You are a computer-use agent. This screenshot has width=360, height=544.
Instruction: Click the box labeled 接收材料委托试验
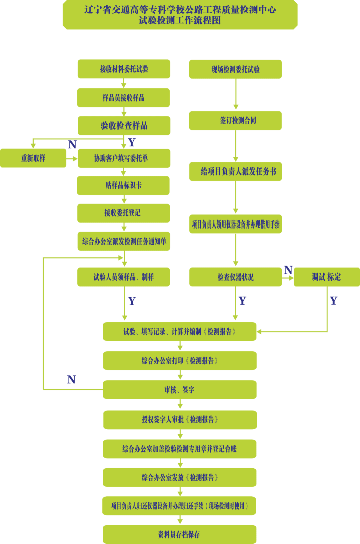point(124,69)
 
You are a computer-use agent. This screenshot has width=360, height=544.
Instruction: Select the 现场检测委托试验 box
point(235,69)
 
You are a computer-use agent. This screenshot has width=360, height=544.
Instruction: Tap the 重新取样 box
point(33,158)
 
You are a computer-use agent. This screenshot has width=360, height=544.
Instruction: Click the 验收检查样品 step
point(124,126)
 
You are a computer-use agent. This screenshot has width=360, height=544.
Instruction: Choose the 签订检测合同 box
point(235,120)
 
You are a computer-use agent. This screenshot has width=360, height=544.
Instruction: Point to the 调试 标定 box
point(326,277)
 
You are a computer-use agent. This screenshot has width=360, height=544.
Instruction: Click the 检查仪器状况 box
point(235,277)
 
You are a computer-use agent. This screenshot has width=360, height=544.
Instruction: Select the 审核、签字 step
point(180,390)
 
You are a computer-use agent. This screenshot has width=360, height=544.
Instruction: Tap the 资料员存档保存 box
point(179,534)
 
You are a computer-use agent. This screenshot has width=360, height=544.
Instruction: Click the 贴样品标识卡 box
point(123,185)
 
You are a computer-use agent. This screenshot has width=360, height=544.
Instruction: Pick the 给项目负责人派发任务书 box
point(235,171)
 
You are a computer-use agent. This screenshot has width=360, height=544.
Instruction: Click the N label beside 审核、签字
point(71,380)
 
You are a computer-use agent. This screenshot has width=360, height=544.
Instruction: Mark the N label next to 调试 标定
point(288,270)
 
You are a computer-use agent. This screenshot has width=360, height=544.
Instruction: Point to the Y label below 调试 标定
point(333,301)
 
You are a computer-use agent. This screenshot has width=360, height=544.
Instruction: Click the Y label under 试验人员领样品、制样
point(132,301)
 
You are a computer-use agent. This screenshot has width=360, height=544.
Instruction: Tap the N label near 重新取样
point(72,144)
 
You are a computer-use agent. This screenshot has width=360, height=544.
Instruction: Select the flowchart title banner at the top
point(180,15)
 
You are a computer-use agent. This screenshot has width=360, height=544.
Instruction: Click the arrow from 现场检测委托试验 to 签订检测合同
point(236,95)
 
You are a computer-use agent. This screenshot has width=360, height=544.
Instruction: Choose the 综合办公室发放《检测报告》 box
point(180,477)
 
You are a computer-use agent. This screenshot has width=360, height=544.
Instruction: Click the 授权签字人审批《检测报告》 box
point(180,420)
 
